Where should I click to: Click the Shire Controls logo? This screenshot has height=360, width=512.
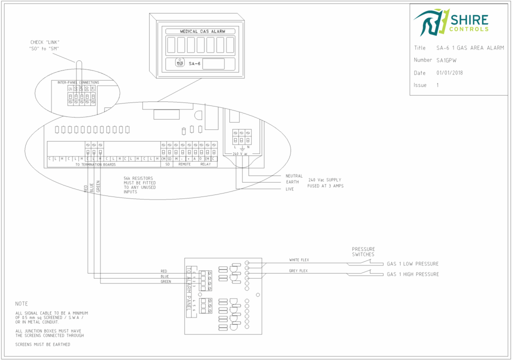click(x=450, y=22)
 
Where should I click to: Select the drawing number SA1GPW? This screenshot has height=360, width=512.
click(x=446, y=60)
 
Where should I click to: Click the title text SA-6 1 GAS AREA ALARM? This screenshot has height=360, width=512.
click(x=470, y=48)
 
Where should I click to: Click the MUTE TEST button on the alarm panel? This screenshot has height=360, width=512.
click(x=179, y=63)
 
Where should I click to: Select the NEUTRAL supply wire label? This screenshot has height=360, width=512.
click(x=294, y=176)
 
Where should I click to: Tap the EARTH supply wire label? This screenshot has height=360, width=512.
click(x=292, y=182)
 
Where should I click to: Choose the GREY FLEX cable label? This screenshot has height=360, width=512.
click(x=298, y=271)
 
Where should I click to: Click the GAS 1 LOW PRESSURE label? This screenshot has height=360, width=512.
click(x=412, y=264)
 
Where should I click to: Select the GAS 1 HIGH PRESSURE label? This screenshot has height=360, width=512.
click(x=413, y=274)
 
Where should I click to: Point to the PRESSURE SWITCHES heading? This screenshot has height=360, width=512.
click(x=363, y=251)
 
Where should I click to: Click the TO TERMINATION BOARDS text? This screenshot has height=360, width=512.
click(x=95, y=164)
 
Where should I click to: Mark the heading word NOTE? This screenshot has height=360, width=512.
click(x=21, y=304)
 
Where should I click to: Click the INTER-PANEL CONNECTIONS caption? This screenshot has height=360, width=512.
click(x=78, y=82)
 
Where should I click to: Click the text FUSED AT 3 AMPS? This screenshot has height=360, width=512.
click(x=325, y=186)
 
